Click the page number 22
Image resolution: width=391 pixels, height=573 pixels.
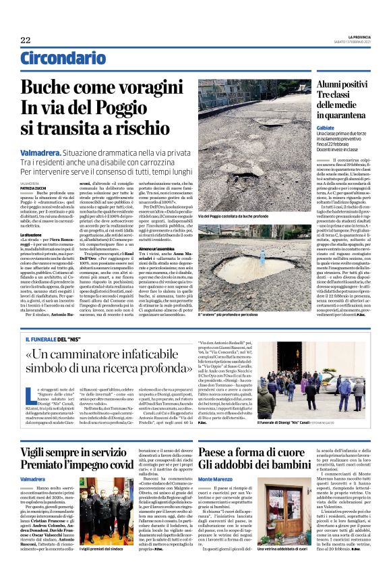coord(26,40)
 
